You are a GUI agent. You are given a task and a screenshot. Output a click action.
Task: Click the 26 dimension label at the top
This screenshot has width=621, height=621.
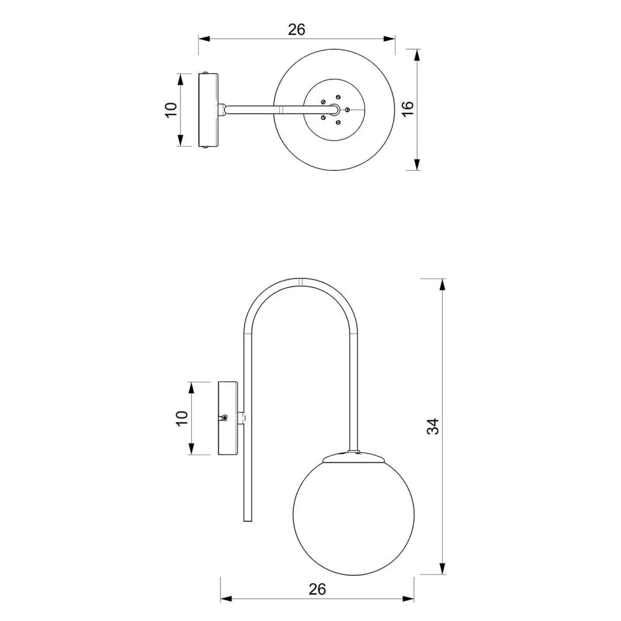tap(297, 30)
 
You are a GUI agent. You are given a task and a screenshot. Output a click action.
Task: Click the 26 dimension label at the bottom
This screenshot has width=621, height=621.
tap(317, 589)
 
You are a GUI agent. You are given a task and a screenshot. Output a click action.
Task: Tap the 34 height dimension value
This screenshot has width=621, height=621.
tap(433, 427)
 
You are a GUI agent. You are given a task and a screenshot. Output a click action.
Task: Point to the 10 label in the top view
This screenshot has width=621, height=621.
tap(171, 110)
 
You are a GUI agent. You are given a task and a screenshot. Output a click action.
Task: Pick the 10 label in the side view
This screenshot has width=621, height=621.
tap(181, 418)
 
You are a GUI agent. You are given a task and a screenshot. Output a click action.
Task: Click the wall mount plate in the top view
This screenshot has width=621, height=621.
tap(208, 110)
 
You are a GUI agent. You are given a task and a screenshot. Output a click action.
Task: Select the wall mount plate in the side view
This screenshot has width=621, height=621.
tap(228, 418)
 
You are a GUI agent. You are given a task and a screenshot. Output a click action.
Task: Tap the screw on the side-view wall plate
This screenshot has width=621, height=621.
tap(225, 417)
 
